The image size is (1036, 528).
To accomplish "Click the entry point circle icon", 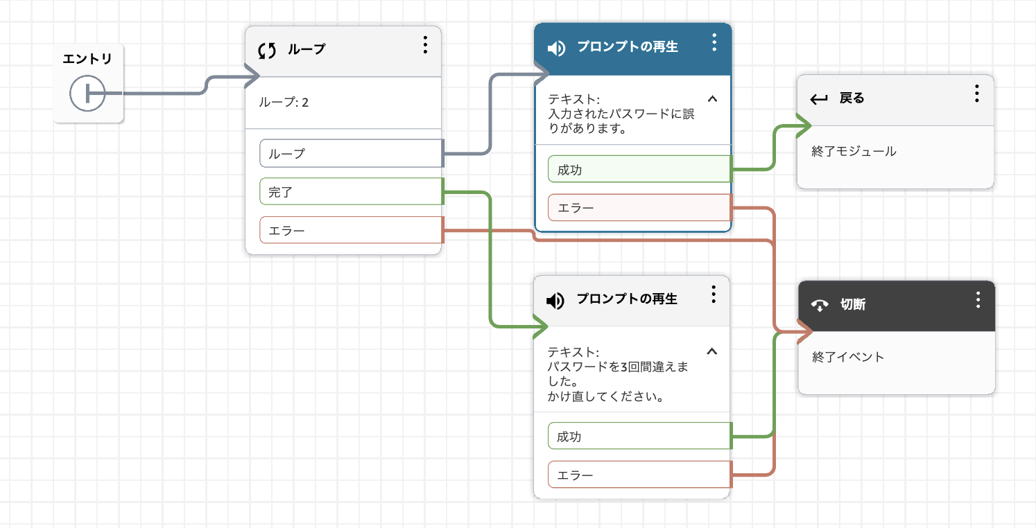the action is point(87,94).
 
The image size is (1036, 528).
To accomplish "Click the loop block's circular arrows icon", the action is point(267,51).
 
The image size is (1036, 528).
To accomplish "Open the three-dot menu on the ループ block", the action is point(425,45).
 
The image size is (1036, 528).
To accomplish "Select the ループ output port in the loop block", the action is point(352,153).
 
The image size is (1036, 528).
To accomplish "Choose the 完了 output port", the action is point(352,191).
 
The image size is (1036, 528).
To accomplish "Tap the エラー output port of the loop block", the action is point(352,230).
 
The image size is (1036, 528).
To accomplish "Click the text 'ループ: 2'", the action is point(284,102).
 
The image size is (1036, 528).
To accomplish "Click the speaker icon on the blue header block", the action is point(556,48).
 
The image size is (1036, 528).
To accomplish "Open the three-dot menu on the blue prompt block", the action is point(714,42).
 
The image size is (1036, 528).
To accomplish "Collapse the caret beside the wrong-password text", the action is point(713,99).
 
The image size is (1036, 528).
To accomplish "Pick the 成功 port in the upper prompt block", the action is point(639,169).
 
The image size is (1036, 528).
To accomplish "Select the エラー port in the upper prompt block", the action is point(639,208).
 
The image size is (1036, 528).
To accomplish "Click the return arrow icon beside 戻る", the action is point(819,99).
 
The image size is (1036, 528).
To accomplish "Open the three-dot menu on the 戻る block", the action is point(977,94).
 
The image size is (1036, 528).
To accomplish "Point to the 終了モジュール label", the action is point(854,151).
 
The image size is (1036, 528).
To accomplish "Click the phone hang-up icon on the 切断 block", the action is point(820,305).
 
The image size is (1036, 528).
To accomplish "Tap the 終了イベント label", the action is point(848,357).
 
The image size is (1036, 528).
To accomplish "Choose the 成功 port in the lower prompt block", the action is point(639,436).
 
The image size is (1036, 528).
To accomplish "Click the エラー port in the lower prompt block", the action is point(639,475).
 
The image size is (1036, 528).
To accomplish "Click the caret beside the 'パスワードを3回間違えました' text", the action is point(712,352).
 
